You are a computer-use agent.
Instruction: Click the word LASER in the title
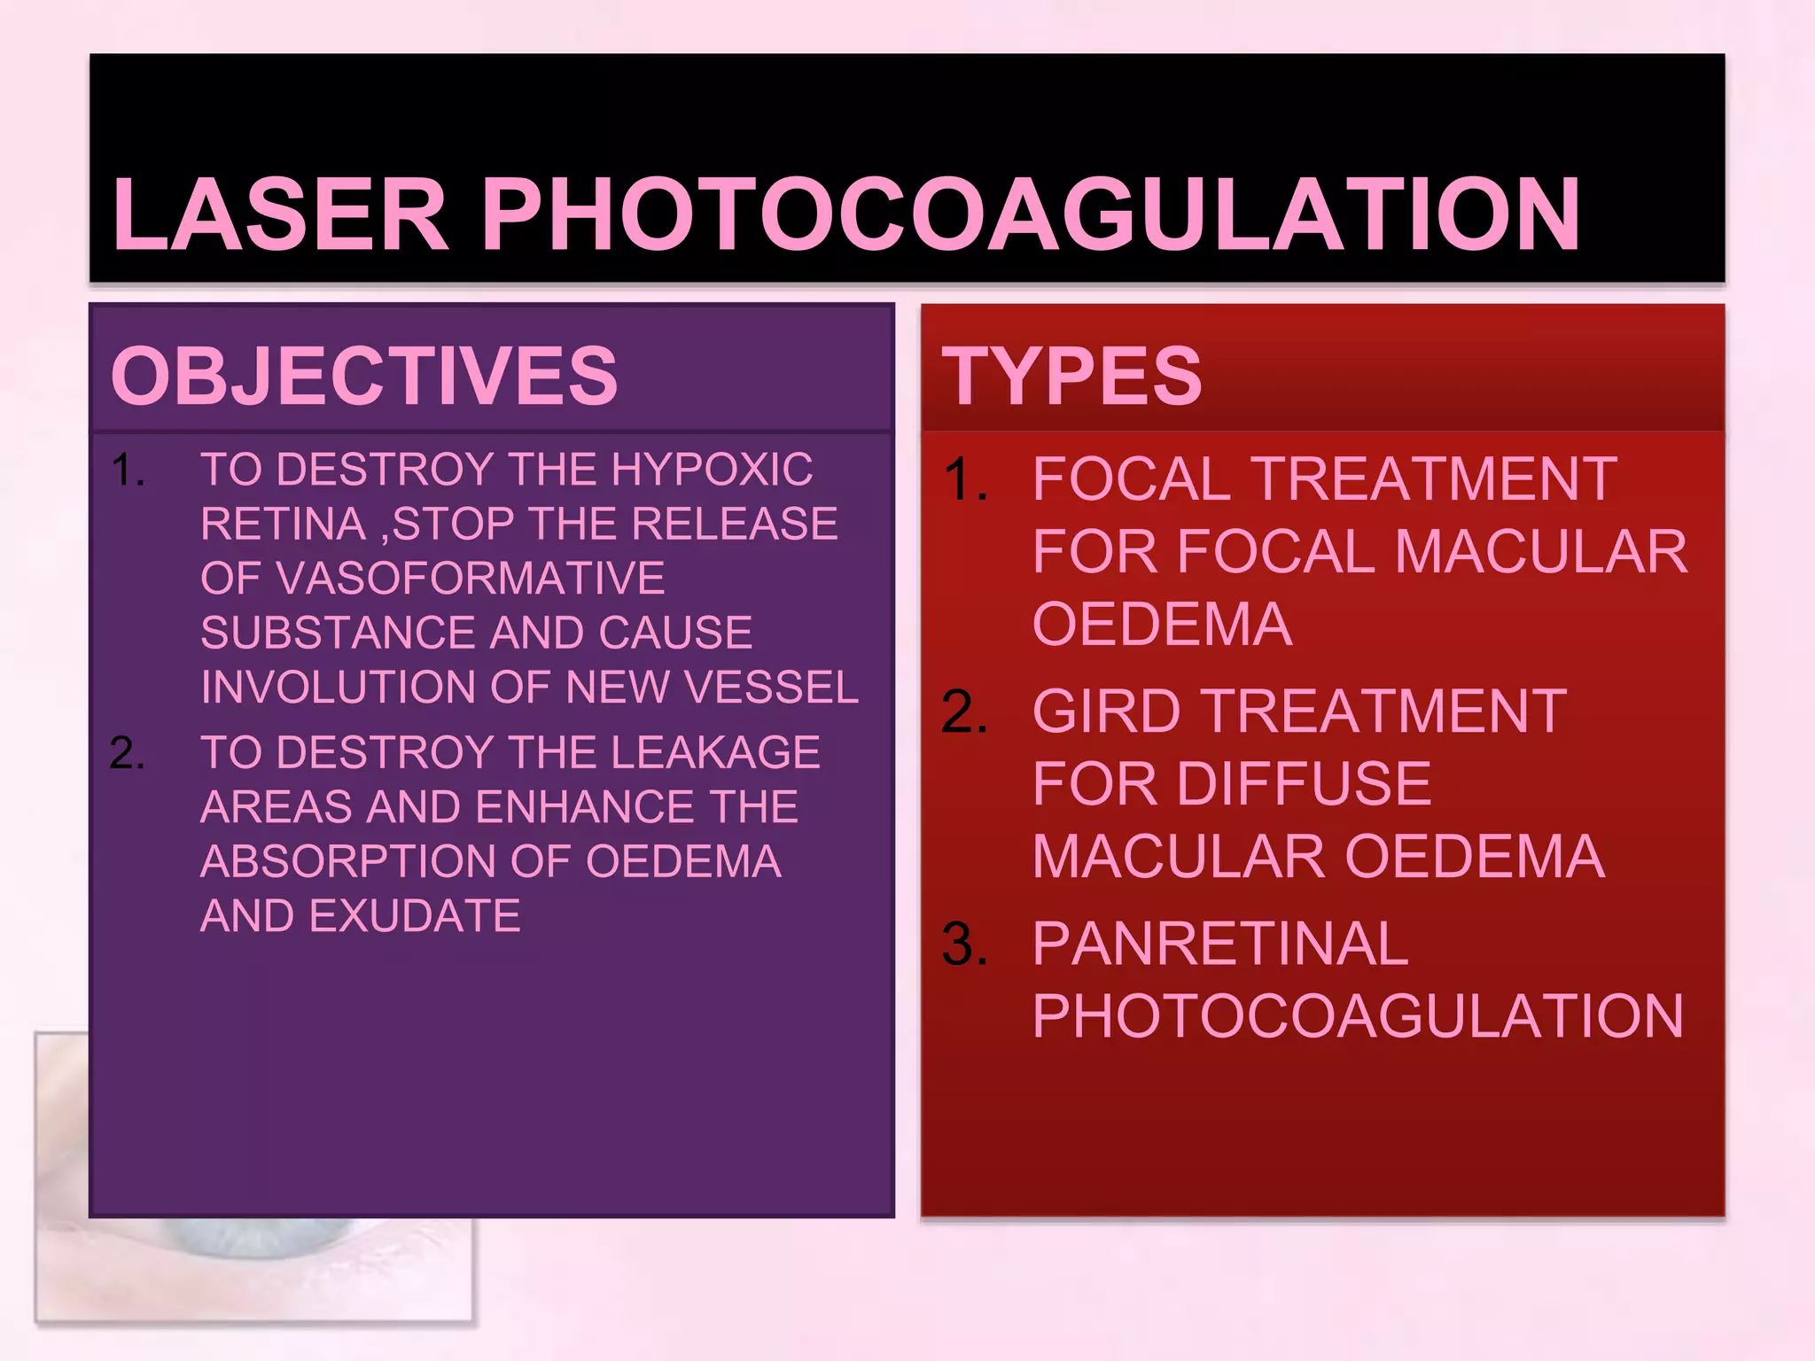point(281,214)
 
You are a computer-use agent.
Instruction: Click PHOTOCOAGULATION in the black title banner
point(1031,214)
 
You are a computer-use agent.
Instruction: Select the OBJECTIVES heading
point(364,376)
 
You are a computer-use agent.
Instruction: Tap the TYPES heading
point(1071,376)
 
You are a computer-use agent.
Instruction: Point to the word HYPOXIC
point(712,470)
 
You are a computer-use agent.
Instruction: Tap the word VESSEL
point(769,688)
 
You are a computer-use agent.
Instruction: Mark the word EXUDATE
point(414,916)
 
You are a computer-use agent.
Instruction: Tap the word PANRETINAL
point(1220,944)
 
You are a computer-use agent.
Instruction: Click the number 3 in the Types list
point(963,944)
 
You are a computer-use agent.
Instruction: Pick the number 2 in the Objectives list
point(126,753)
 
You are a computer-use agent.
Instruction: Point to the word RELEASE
point(735,524)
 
